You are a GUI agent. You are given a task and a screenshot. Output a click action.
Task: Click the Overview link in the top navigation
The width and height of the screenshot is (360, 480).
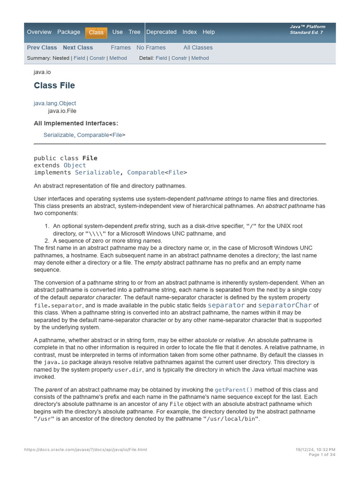click(39, 32)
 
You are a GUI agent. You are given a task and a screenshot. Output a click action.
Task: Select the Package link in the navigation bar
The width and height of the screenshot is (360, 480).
click(68, 32)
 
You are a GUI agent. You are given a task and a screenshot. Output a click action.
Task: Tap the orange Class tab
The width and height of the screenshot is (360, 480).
click(96, 32)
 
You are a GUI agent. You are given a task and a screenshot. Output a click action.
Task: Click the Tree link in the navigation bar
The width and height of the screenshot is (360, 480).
click(135, 32)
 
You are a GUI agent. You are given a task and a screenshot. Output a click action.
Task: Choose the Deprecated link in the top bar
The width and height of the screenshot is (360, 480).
click(161, 32)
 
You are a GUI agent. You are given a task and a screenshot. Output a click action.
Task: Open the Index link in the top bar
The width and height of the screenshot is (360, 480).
click(190, 32)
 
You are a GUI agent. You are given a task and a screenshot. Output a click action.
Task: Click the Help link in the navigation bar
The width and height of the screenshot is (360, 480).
click(209, 32)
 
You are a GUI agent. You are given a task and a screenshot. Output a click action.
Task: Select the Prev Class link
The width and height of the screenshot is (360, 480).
click(42, 47)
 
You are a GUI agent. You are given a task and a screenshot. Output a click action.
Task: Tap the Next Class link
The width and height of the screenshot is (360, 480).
click(78, 47)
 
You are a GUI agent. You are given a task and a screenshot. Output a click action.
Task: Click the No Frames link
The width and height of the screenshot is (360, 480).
click(151, 47)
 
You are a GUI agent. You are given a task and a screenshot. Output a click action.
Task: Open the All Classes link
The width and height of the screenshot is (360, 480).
click(198, 47)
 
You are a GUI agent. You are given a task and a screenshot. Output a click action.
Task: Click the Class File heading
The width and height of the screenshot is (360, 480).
click(54, 85)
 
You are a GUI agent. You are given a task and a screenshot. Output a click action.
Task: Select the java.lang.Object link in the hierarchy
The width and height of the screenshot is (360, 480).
click(55, 103)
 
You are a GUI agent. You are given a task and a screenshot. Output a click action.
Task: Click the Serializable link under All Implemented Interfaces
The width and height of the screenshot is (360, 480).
click(59, 135)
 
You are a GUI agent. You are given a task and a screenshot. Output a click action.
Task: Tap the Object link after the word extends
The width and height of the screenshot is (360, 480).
click(75, 165)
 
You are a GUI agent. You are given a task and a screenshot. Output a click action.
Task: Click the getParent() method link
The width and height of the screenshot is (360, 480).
click(233, 390)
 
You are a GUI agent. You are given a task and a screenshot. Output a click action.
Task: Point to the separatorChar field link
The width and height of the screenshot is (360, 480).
click(285, 305)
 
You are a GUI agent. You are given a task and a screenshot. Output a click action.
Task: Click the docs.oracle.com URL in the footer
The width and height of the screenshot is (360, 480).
click(85, 450)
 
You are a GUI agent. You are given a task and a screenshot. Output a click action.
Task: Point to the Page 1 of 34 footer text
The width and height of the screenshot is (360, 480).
click(322, 455)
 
